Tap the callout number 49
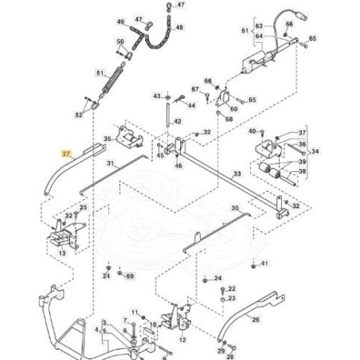coord(120,22)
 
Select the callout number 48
coord(178,27)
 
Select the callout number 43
coord(156,96)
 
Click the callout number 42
coord(177,122)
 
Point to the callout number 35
coord(107,138)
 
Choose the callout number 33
coord(237,173)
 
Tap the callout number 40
coord(252,131)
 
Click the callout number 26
coord(256,319)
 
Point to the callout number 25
coord(83,208)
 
